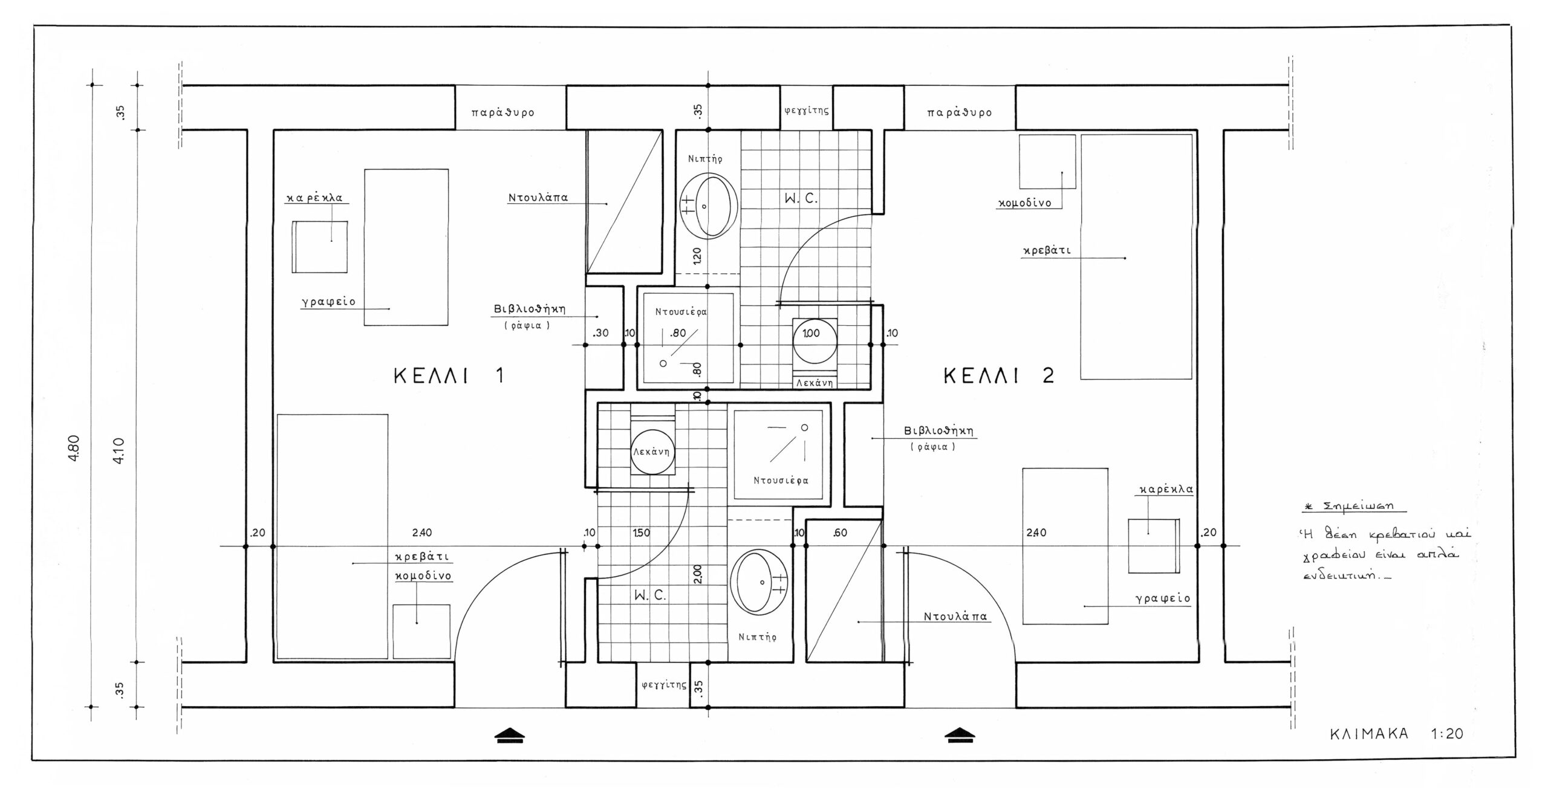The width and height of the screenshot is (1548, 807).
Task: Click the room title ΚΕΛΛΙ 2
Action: tap(999, 376)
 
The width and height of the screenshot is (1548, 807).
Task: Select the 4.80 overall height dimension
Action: tap(74, 449)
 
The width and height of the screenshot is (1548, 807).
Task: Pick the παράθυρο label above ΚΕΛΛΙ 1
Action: tap(503, 112)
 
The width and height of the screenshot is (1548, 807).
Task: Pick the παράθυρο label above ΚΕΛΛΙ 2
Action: tap(960, 112)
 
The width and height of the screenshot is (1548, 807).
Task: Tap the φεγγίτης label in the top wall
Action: tap(806, 111)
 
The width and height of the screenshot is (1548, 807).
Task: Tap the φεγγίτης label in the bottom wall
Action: tap(664, 685)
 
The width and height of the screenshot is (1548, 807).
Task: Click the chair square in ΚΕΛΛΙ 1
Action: tap(320, 247)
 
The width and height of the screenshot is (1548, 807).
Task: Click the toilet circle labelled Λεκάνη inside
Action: tap(652, 452)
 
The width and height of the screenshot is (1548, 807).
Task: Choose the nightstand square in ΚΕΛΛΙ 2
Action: tap(1047, 161)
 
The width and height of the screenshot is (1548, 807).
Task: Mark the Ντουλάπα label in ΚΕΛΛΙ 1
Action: tap(538, 198)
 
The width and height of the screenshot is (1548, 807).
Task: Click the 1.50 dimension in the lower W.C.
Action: tap(641, 533)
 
